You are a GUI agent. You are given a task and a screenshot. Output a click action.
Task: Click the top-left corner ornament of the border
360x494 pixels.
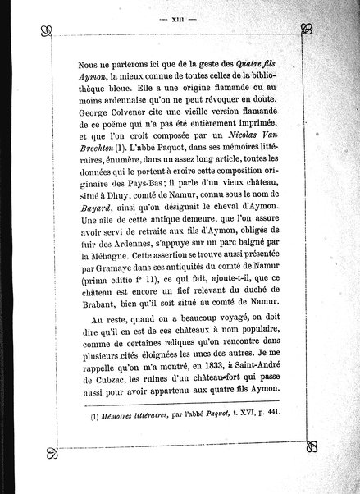(x=48, y=32)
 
